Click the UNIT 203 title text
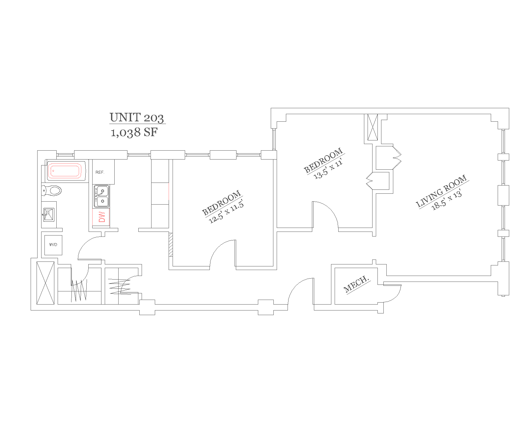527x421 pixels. point(137,117)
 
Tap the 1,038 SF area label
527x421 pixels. point(134,133)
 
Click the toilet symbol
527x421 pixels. point(52,190)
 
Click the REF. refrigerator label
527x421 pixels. point(100,172)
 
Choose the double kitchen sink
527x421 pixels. point(101,196)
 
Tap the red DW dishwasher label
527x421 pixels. point(102,217)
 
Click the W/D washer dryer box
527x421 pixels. point(53,245)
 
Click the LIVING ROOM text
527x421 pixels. point(441,191)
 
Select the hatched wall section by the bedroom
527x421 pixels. point(171,244)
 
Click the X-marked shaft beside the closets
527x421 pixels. point(45,283)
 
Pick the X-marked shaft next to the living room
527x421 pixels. point(373,127)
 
